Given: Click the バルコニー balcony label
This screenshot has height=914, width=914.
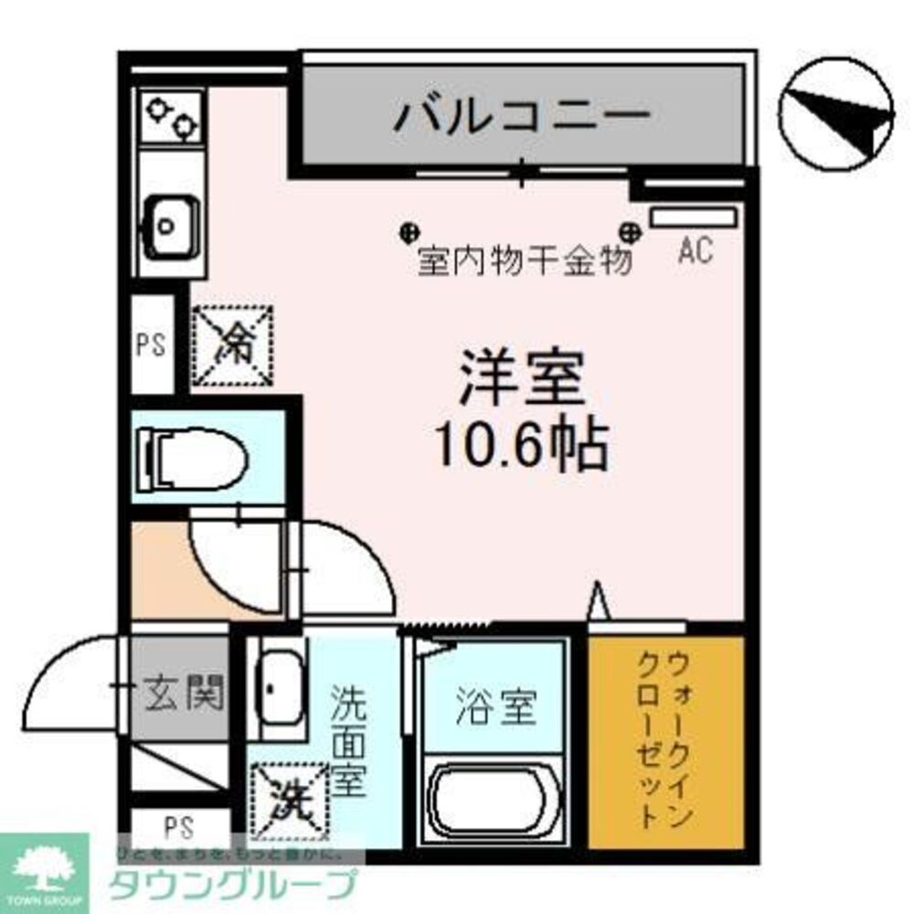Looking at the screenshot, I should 522,116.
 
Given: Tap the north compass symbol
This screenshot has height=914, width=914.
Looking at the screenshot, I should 835,115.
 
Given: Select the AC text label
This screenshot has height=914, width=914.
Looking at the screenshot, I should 695,251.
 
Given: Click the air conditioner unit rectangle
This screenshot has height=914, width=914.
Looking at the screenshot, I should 693,217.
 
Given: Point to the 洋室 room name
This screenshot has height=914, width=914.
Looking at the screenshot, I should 521,381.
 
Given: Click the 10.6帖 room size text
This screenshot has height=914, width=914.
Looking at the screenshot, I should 521,445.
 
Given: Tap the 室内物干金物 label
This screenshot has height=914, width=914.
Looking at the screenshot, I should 525,262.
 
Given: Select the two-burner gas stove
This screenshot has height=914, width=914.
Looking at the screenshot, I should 172,118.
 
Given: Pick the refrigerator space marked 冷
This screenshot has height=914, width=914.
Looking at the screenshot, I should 233,345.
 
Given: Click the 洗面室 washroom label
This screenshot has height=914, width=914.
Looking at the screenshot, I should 349,739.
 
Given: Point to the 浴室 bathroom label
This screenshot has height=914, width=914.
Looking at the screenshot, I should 494,706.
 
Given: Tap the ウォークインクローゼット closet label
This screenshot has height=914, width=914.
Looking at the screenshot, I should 664,738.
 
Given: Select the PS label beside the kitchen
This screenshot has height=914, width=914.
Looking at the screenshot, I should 151,347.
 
